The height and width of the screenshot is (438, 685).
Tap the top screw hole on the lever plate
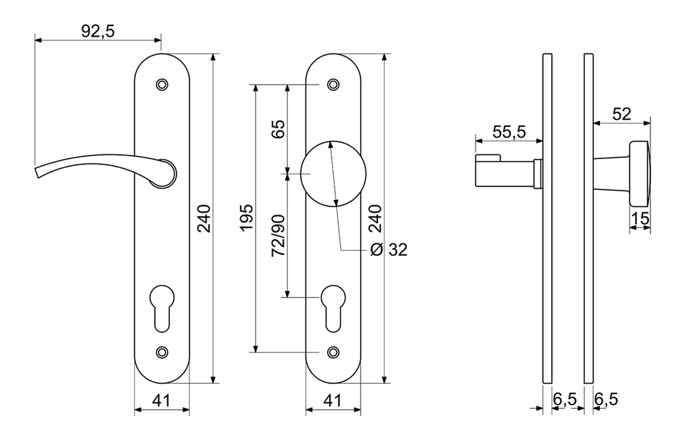click(161, 85)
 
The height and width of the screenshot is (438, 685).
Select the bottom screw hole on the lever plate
click(161, 352)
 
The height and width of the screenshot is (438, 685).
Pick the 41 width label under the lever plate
click(161, 401)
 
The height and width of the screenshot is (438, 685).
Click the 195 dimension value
click(246, 217)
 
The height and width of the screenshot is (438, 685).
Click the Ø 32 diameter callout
click(389, 250)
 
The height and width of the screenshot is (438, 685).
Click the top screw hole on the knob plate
click(332, 85)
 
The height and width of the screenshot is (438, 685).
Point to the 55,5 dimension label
click(508, 132)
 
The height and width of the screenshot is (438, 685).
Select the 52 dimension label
click(621, 114)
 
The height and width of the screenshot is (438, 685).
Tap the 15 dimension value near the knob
click(640, 218)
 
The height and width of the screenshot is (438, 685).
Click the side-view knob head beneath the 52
click(640, 174)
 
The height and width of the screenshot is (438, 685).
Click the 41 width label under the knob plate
click(332, 401)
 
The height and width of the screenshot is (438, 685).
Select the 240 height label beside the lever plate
click(204, 218)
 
